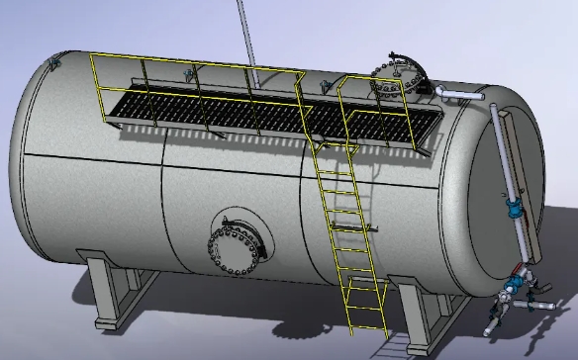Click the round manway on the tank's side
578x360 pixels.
click(x=239, y=243)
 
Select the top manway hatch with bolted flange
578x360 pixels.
click(x=395, y=79)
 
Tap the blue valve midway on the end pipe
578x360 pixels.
click(x=514, y=210)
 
